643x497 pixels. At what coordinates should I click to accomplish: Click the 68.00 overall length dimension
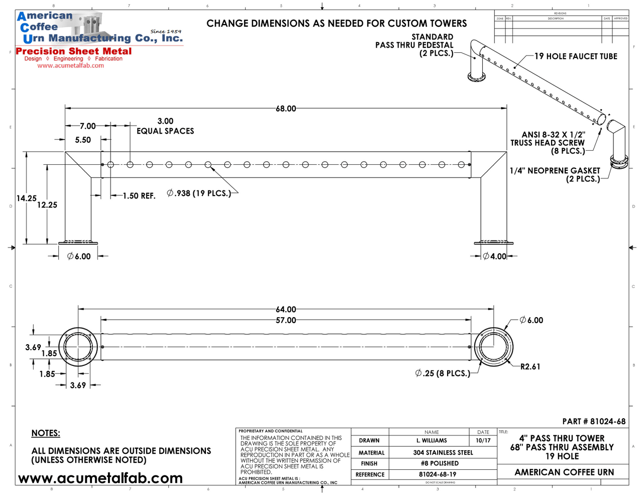286,109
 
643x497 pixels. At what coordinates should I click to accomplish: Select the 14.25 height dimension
26,198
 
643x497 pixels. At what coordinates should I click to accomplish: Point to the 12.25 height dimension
47,205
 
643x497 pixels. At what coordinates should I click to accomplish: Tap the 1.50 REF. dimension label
139,196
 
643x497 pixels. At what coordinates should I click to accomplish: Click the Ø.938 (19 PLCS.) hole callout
199,193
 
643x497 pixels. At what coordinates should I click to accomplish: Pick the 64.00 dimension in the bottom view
286,310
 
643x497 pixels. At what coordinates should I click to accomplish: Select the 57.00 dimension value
286,320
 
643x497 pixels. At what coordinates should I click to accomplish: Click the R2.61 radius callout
530,367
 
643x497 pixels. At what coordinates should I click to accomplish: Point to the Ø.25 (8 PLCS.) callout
443,373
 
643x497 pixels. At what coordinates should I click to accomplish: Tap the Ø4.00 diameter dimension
495,256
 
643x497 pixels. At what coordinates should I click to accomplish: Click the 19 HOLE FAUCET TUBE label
576,56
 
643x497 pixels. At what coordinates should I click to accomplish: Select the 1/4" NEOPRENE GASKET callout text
555,171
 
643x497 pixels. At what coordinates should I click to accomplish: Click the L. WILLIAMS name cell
431,441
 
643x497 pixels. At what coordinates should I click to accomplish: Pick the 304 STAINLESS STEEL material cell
443,452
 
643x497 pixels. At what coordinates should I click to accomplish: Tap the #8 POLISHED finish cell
440,463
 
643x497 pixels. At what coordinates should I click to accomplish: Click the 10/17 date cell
483,441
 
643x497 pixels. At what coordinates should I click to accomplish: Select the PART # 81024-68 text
594,422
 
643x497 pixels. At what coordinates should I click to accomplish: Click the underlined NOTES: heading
46,433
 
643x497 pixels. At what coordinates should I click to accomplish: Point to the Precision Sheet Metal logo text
74,51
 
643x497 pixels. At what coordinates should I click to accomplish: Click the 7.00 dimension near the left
87,126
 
